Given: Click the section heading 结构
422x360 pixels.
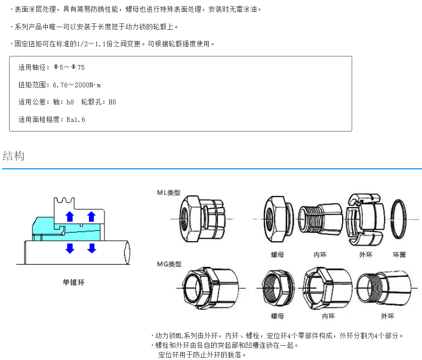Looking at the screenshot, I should [x=14, y=156].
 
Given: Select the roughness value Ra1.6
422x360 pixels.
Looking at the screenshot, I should [x=76, y=119].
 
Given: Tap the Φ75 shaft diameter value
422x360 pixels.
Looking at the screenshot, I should [x=78, y=67].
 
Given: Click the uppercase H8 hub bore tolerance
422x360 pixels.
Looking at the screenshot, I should [x=112, y=102].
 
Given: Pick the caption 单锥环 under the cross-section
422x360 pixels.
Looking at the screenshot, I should [x=74, y=282].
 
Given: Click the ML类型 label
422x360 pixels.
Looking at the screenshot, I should [x=168, y=192].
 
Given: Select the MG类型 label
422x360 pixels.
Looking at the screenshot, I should [x=169, y=264].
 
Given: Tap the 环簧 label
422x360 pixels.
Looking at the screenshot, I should [x=400, y=255].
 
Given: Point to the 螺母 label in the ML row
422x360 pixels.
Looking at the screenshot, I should [x=278, y=255].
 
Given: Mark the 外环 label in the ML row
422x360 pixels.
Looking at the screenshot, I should [x=367, y=255].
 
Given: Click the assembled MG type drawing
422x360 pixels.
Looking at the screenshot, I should [x=210, y=288].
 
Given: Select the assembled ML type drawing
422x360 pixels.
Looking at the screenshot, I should [x=202, y=219].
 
